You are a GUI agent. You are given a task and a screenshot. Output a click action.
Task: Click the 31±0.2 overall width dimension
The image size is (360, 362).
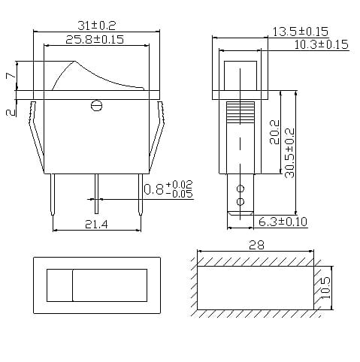click(96, 23)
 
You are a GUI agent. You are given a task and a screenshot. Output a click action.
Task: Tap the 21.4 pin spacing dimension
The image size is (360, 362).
click(96, 224)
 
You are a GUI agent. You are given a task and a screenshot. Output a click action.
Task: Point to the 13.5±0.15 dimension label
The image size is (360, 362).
click(301, 32)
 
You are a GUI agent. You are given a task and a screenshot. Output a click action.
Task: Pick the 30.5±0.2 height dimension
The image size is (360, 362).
click(290, 153)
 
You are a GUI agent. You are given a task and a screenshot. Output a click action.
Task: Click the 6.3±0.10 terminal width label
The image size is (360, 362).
click(284, 222)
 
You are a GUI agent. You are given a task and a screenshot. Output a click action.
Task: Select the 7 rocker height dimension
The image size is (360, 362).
click(9, 77)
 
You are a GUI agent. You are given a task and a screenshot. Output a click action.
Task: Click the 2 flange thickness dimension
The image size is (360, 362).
click(9, 112)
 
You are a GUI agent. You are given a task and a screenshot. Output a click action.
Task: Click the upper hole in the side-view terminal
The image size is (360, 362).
click(241, 188)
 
